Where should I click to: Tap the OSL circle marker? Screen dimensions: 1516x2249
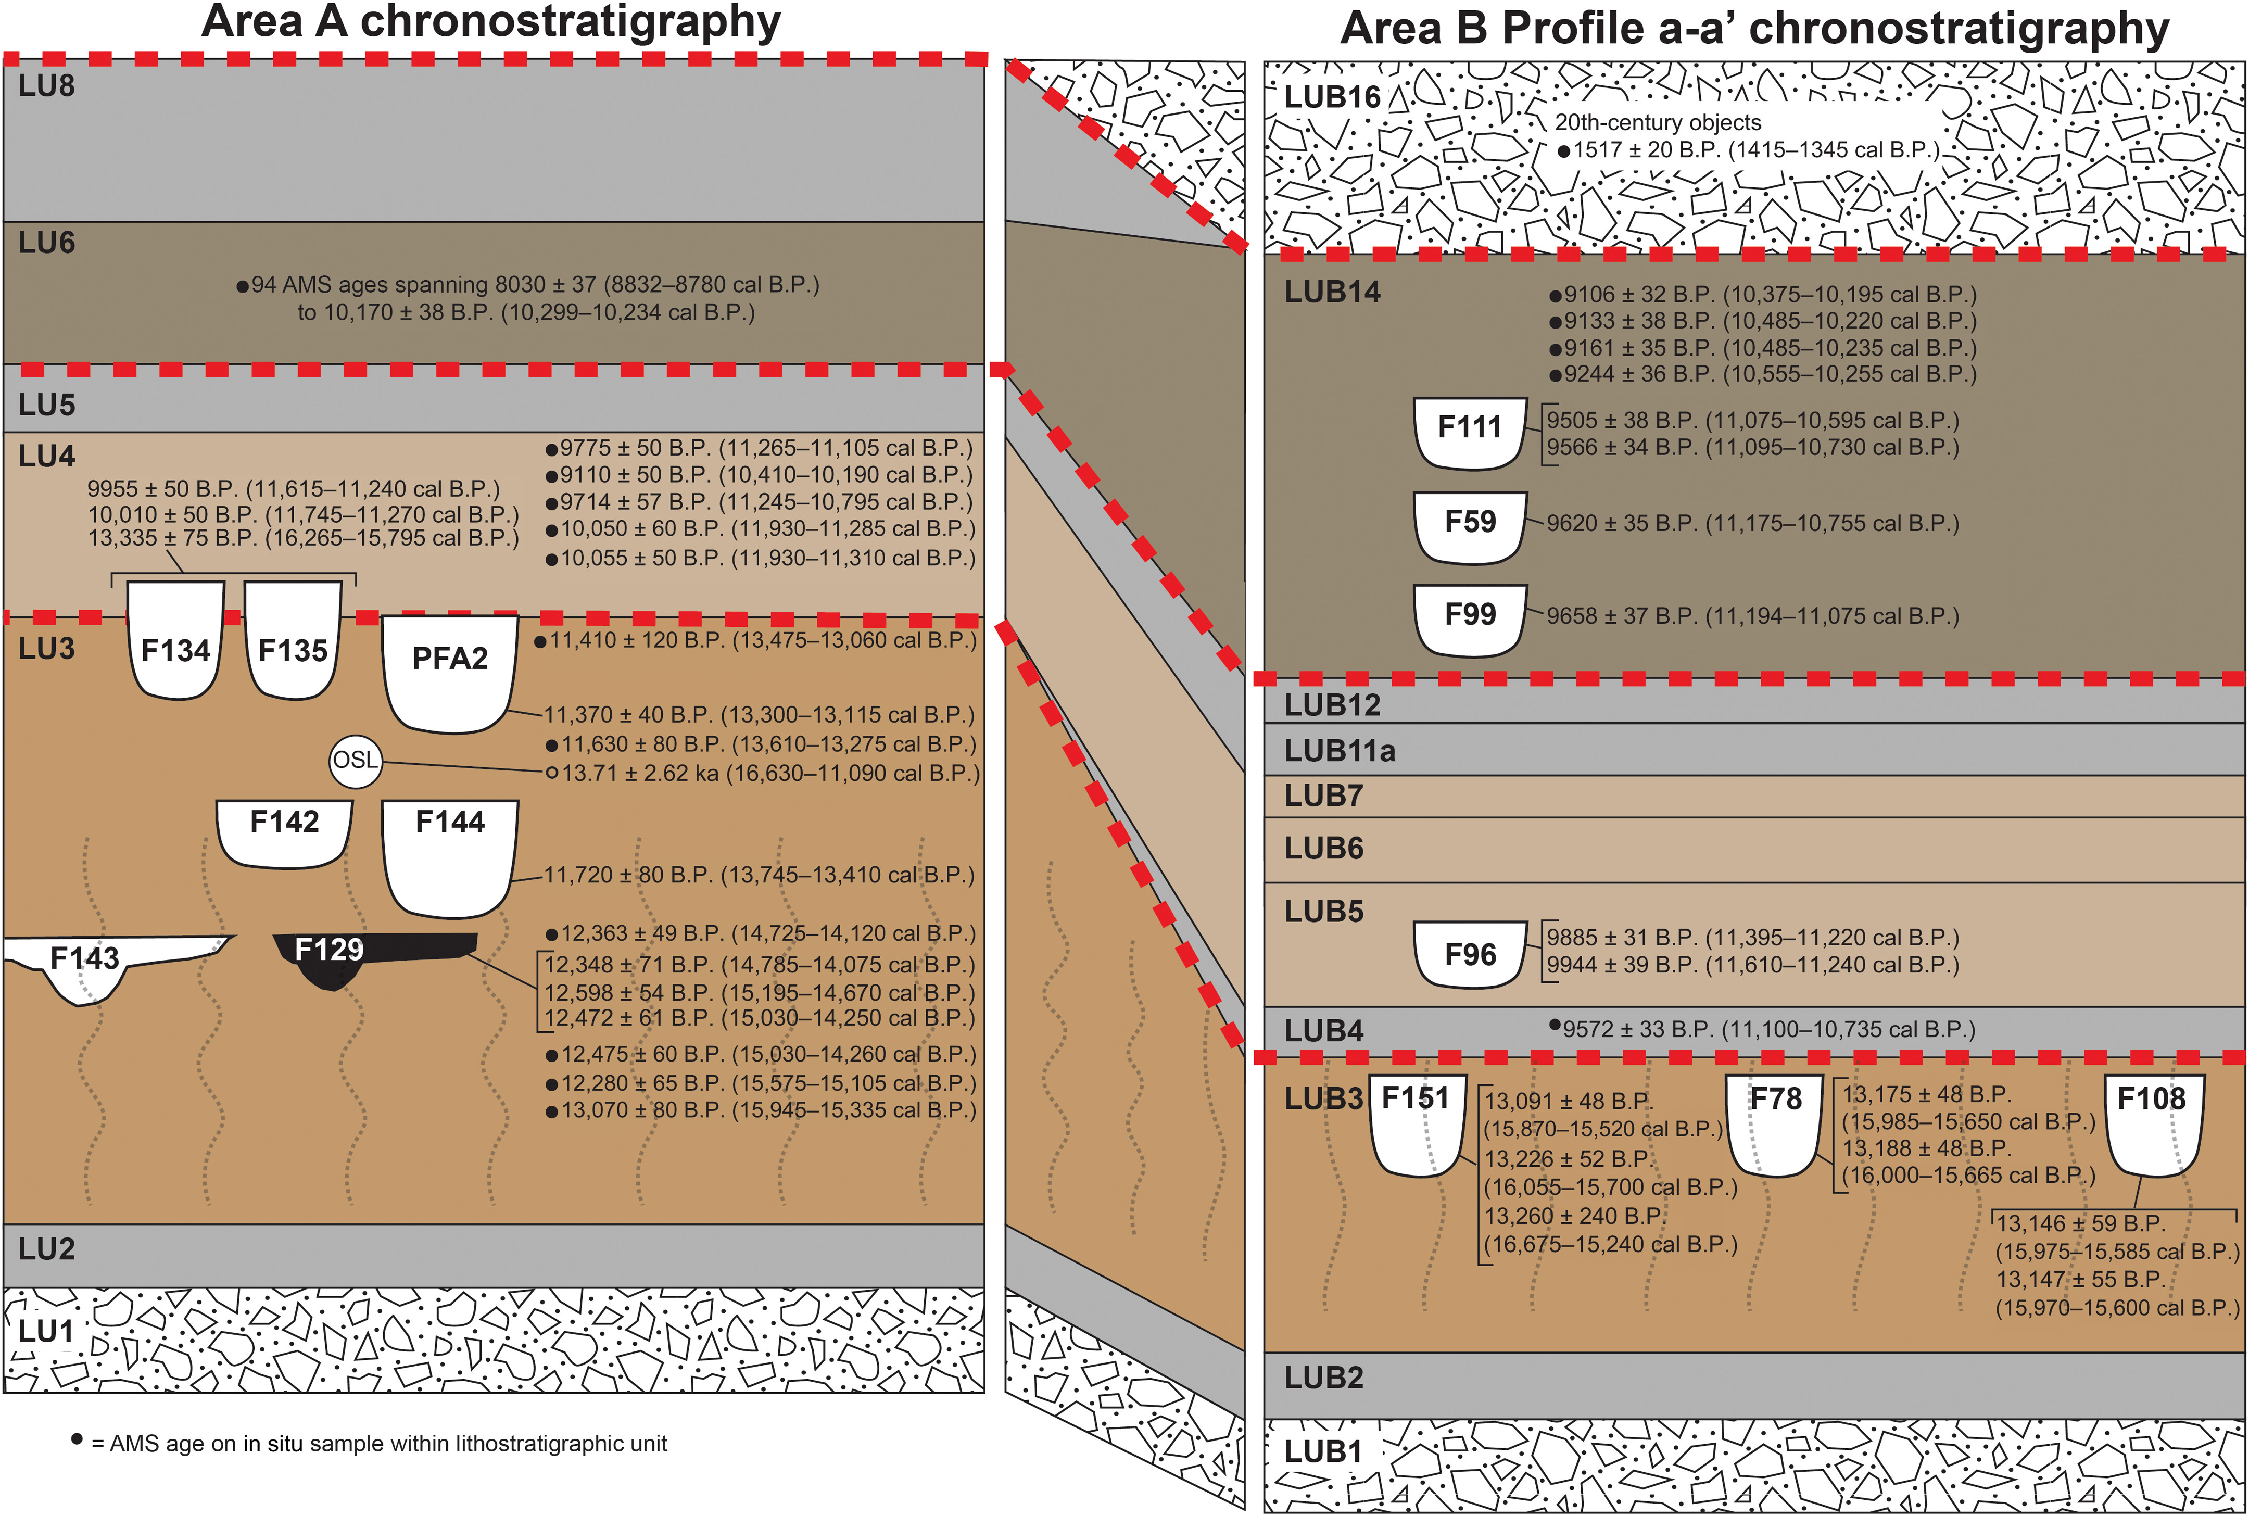355,761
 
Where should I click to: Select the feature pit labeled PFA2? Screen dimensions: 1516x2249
450,672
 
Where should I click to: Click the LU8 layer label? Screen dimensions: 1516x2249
46,86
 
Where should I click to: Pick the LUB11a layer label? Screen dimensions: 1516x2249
1339,751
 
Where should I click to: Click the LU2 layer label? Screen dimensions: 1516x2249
46,1249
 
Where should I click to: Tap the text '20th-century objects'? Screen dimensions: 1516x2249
1657,123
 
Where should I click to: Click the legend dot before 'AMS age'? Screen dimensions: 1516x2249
77,1439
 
